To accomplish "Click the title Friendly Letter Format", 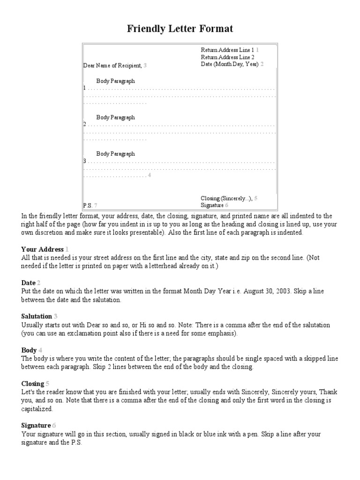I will [x=180, y=29].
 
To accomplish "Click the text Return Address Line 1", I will [x=227, y=50].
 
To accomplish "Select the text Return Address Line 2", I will [x=227, y=57].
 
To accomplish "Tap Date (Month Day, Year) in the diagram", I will [x=230, y=64].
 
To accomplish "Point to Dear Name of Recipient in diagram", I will [x=112, y=66].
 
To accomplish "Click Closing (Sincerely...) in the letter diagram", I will [x=226, y=198].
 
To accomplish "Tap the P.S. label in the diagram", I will [x=88, y=205].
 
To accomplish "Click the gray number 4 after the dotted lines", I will [x=149, y=175].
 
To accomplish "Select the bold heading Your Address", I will [x=43, y=249].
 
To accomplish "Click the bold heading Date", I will [x=28, y=283].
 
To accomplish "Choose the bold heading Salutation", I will [x=37, y=316].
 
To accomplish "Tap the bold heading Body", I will [x=29, y=350].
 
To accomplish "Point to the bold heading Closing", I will [x=32, y=383].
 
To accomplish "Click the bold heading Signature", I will [x=36, y=426].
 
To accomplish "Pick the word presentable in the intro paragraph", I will [x=140, y=232].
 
